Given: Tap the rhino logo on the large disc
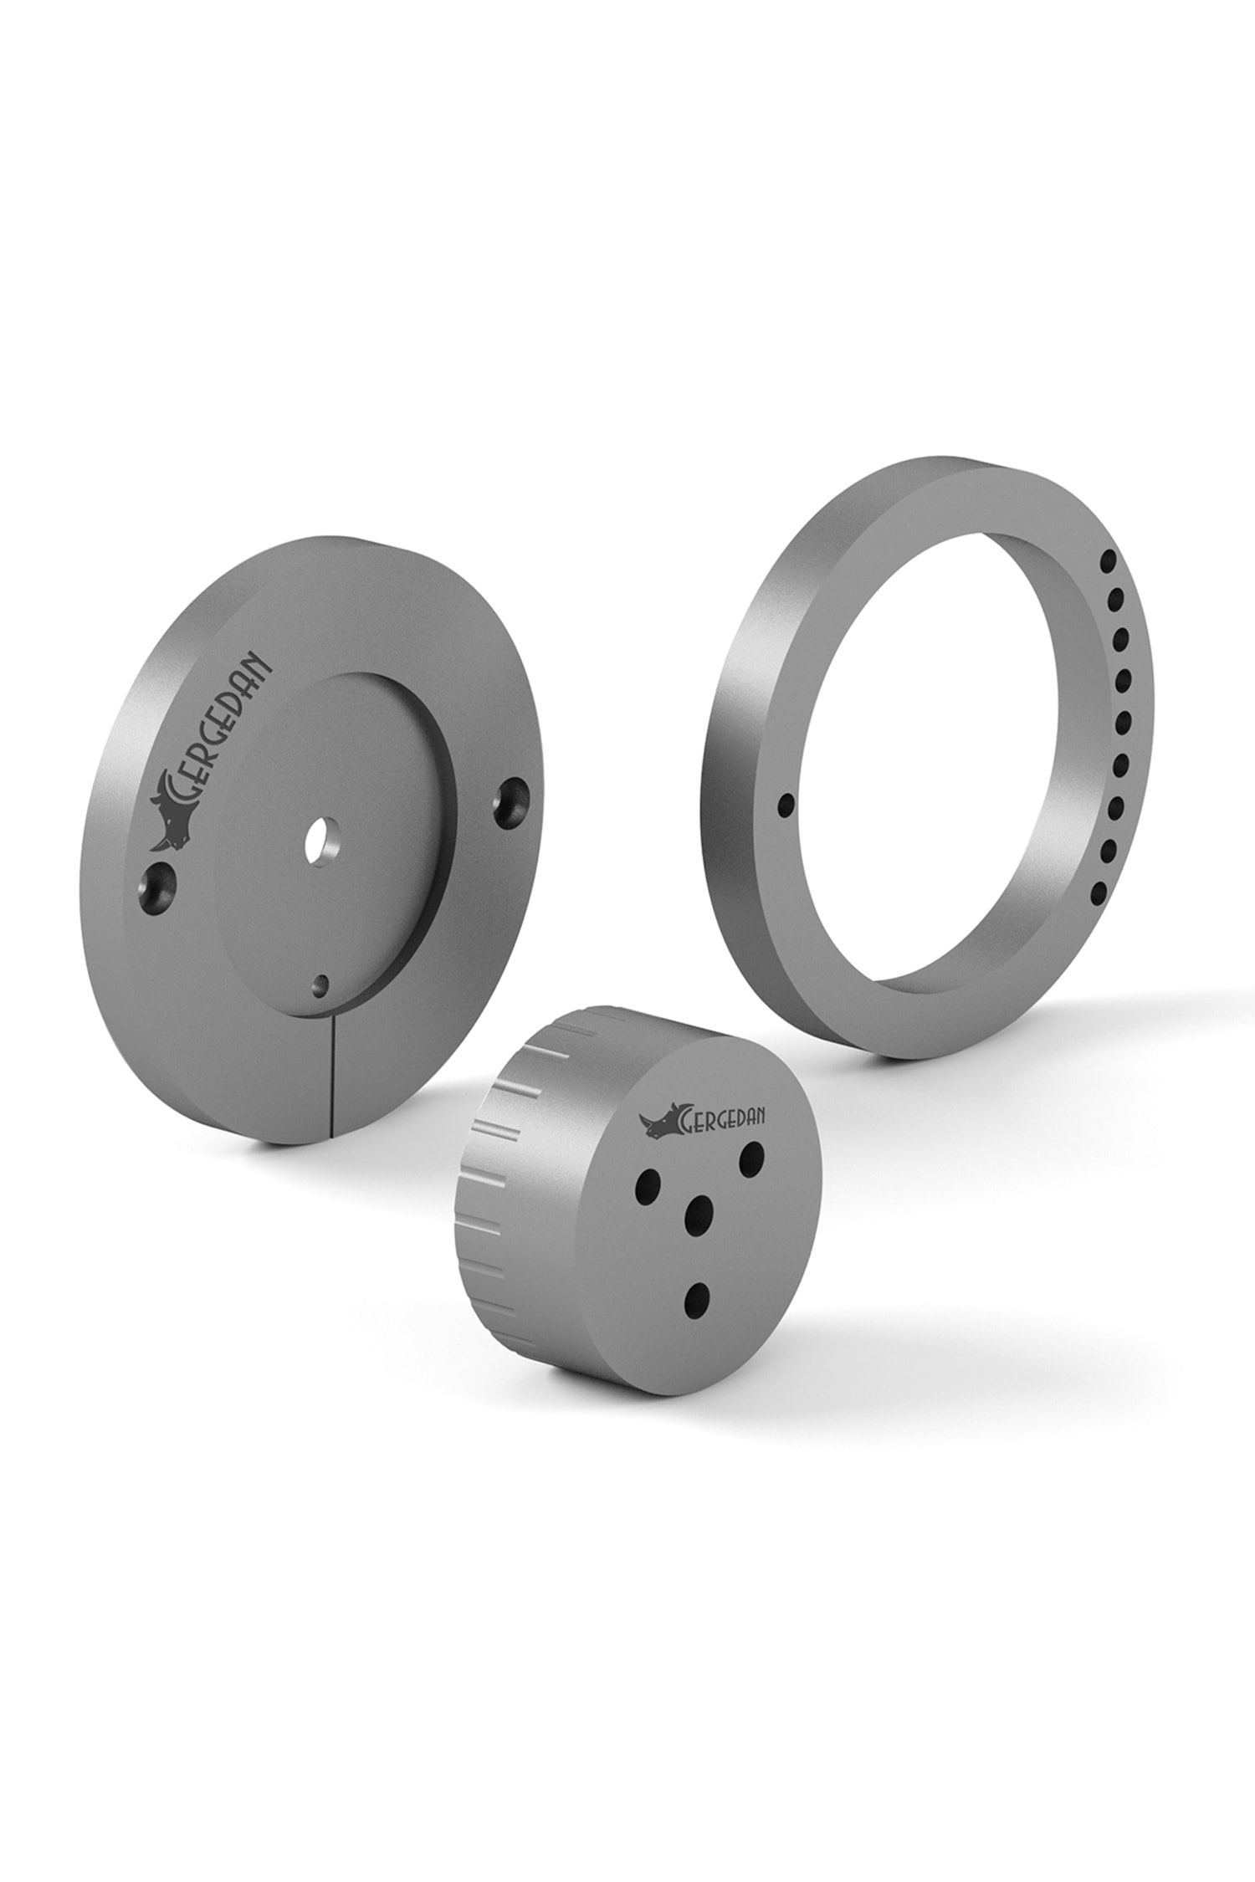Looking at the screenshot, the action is pyautogui.click(x=174, y=816).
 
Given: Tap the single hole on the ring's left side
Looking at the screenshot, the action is pyautogui.click(x=785, y=805).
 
